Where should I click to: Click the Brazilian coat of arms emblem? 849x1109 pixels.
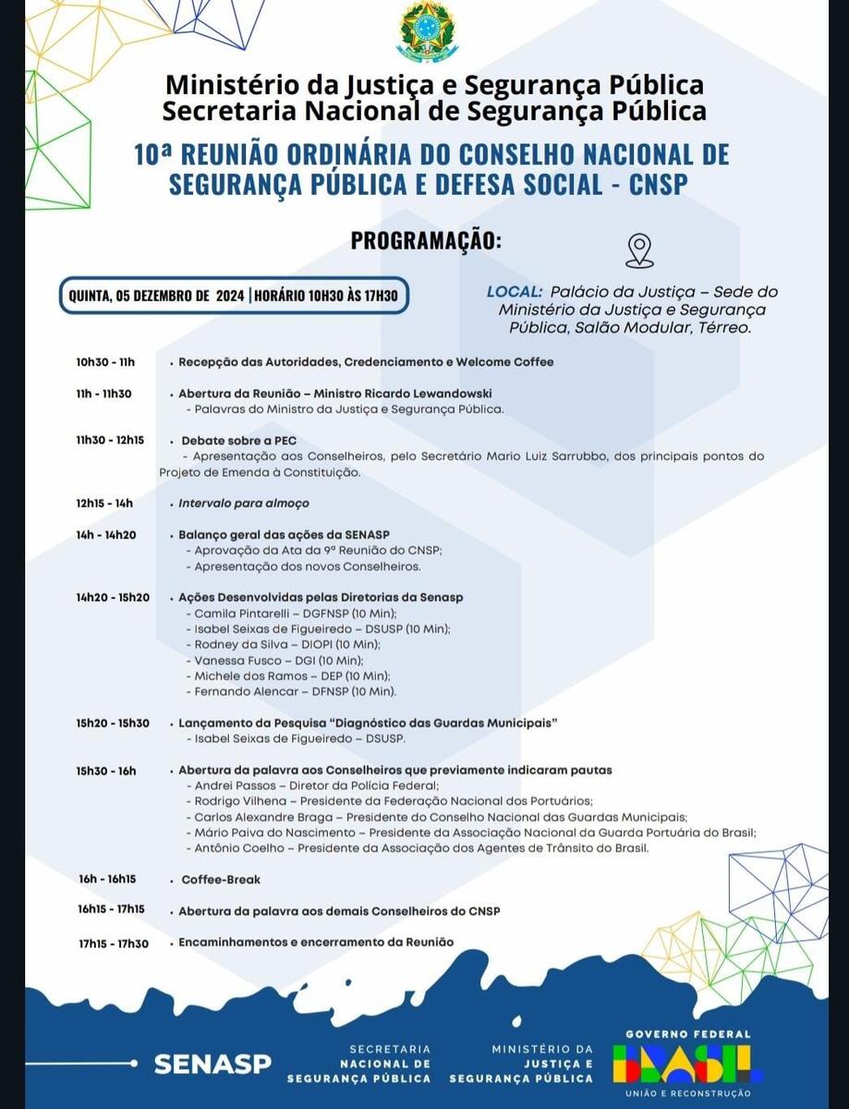tap(426, 31)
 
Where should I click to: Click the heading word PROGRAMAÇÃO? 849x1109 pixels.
tap(426, 240)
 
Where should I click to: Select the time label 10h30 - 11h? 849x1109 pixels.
tap(105, 361)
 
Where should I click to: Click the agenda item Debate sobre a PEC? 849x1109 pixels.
tap(238, 440)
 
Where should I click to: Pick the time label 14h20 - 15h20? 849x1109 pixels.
tap(113, 597)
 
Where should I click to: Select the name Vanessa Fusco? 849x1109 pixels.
tap(236, 660)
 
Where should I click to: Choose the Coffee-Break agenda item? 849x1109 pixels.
tap(221, 880)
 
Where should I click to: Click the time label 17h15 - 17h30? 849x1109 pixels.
tap(113, 943)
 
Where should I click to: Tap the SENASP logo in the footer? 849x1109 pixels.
tap(212, 1064)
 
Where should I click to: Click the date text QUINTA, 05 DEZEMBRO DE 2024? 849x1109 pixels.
tap(156, 296)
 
